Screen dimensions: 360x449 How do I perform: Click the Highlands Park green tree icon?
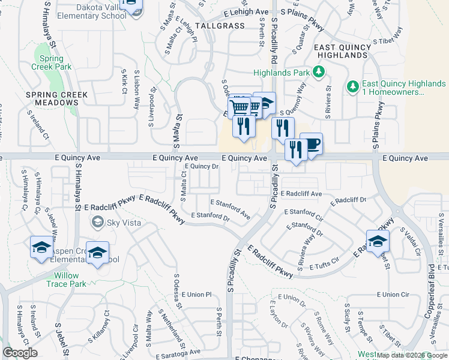click(319, 73)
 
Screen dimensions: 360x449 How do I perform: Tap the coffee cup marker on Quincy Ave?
click(312, 144)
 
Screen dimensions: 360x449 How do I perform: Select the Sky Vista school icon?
click(97, 223)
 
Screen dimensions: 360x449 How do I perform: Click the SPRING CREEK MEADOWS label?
click(57, 99)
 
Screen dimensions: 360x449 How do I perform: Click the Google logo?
click(20, 353)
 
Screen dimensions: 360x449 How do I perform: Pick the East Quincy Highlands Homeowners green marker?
click(353, 88)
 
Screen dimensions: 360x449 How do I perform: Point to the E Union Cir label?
click(393, 295)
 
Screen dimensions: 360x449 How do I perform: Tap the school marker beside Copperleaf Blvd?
click(378, 242)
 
